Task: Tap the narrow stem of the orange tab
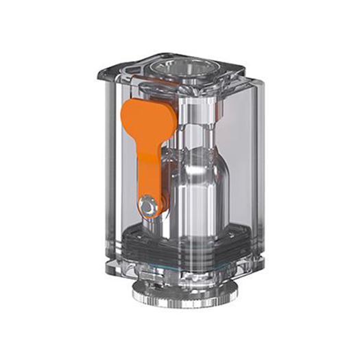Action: point(150,171)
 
